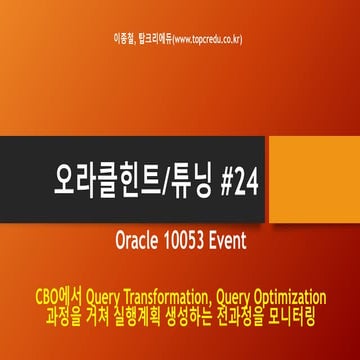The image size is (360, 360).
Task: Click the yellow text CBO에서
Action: pyautogui.click(x=58, y=296)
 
